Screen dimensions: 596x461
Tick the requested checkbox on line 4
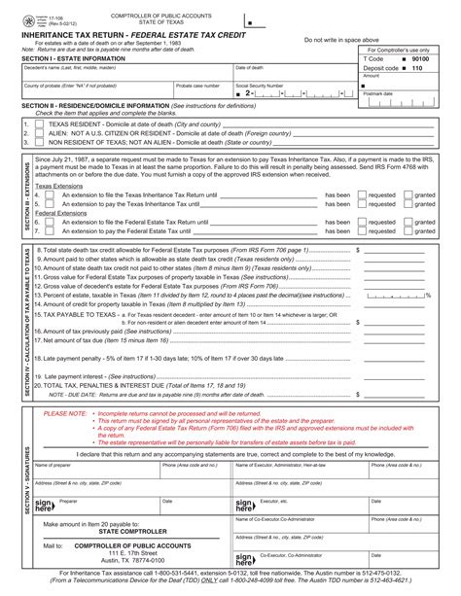(362, 222)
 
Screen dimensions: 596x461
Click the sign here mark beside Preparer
(44, 506)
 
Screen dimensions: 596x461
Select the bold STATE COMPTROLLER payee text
(121, 532)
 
